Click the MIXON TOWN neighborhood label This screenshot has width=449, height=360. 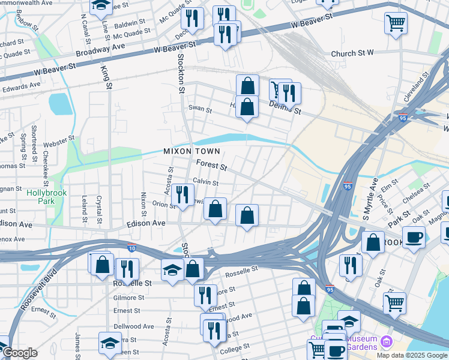click(191, 151)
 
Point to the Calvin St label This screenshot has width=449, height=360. click(206, 182)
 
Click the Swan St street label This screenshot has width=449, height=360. click(200, 110)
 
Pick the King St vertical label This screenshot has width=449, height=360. click(109, 78)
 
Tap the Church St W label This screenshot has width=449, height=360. click(352, 54)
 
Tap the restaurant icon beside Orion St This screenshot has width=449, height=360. click(182, 194)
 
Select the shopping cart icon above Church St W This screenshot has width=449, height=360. click(396, 23)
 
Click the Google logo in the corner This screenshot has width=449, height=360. click(20, 353)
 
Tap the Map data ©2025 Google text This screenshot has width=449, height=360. click(411, 355)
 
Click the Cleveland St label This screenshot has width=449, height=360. click(418, 88)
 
